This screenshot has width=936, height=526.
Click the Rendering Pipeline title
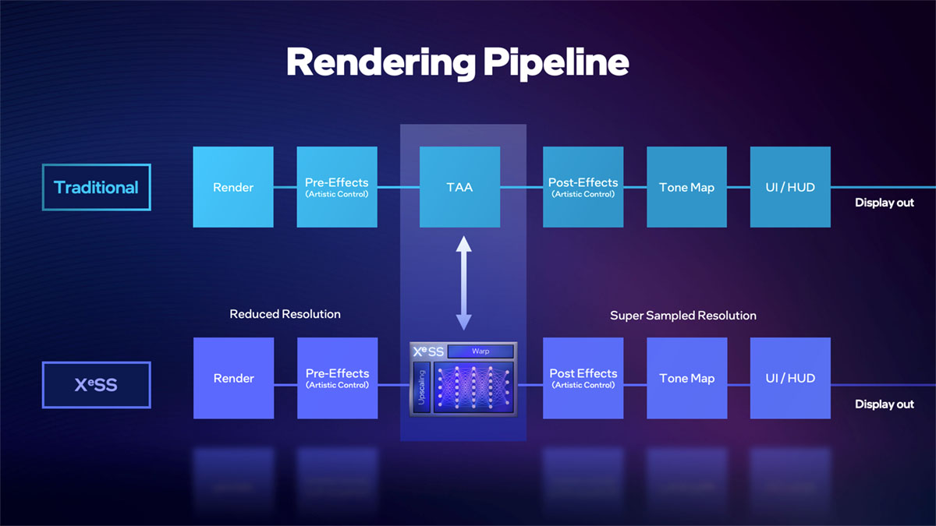point(457,62)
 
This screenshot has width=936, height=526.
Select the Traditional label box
point(96,187)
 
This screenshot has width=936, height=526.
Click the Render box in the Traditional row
point(233,187)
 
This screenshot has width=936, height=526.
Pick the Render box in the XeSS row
point(233,378)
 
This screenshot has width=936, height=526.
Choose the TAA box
point(459,187)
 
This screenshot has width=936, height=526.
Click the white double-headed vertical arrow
point(463,284)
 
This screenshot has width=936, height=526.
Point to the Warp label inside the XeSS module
point(480,351)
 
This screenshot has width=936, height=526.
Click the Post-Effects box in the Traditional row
point(583,187)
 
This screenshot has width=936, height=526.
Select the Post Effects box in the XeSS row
point(583,378)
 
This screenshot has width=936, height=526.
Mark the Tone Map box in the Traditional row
point(686,187)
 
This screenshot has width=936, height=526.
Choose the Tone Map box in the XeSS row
point(686,378)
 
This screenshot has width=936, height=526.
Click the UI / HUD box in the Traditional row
point(789,187)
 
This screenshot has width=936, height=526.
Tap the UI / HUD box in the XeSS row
point(789,378)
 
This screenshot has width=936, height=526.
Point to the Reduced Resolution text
point(285,314)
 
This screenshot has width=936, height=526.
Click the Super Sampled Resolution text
point(682,316)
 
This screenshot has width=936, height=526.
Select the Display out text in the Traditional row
point(884,203)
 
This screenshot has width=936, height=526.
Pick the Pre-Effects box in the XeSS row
point(337,378)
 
